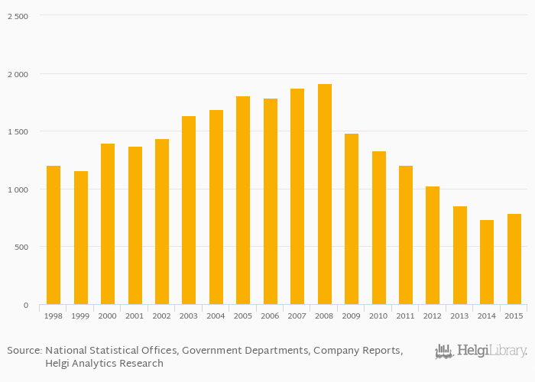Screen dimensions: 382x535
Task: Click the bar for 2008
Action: click(x=325, y=194)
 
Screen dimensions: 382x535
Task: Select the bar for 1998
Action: click(x=53, y=235)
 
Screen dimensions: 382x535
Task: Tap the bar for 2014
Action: click(x=487, y=262)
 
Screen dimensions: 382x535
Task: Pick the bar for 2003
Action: click(x=189, y=210)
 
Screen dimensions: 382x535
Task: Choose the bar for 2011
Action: click(x=406, y=235)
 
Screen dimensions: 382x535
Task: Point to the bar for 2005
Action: click(x=243, y=200)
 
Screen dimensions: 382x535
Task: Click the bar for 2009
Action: click(x=352, y=219)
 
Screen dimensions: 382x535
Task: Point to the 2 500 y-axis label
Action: click(x=18, y=17)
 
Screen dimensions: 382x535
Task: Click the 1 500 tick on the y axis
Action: click(x=18, y=132)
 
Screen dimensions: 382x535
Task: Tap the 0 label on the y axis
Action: click(x=25, y=306)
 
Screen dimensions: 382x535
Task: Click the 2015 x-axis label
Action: click(x=514, y=316)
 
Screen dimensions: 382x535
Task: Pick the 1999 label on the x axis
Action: click(x=81, y=316)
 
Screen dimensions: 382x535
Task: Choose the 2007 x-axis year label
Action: click(x=297, y=316)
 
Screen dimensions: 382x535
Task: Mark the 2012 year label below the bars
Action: click(x=433, y=316)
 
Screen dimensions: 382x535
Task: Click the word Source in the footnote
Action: click(x=24, y=350)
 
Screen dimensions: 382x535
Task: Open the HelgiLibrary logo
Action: click(x=481, y=351)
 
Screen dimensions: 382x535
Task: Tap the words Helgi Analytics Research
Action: click(x=104, y=364)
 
